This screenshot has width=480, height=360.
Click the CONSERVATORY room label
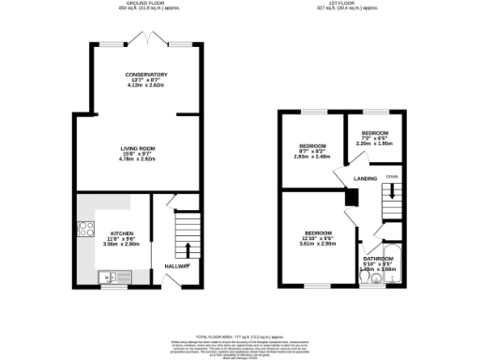click(146, 74)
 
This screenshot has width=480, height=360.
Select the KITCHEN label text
click(123, 232)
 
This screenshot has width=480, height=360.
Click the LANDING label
click(366, 177)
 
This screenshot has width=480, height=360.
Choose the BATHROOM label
click(379, 258)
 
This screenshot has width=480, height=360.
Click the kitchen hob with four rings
click(84, 228)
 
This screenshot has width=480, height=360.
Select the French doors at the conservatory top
click(152, 39)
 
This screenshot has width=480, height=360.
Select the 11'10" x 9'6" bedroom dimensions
click(316, 238)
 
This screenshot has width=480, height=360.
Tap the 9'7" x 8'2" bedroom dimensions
click(312, 152)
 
